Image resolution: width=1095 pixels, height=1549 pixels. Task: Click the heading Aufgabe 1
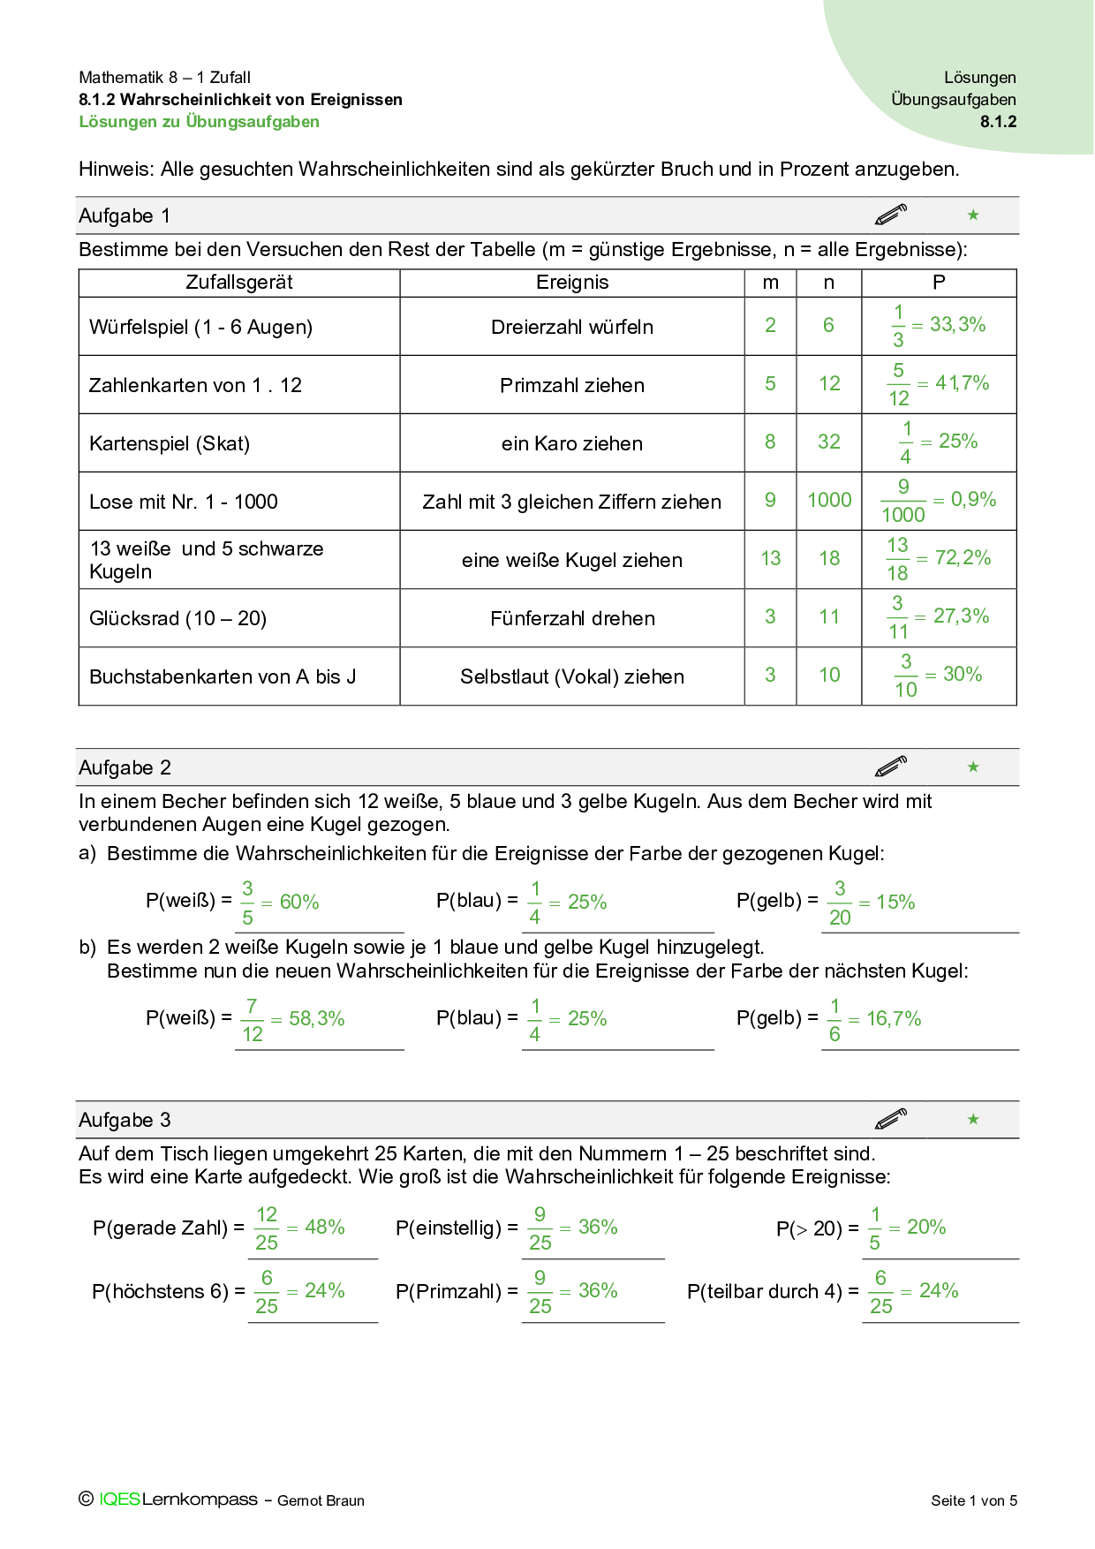pyautogui.click(x=125, y=216)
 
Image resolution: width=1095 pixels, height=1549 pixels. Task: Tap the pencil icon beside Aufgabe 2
pyautogui.click(x=891, y=767)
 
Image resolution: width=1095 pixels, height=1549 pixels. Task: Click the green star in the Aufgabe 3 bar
pyautogui.click(x=973, y=1120)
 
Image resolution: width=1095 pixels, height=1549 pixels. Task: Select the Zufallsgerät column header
pyautogui.click(x=239, y=283)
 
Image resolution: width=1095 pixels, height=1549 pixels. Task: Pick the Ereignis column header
pyautogui.click(x=572, y=283)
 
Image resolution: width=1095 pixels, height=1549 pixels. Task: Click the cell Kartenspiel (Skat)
pyautogui.click(x=170, y=443)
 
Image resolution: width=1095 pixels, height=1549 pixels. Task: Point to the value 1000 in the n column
pyautogui.click(x=829, y=501)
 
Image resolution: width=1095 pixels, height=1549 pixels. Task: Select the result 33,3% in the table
pyautogui.click(x=957, y=325)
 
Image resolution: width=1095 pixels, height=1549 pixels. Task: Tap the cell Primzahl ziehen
pyautogui.click(x=572, y=385)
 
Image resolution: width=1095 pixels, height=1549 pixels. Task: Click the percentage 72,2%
pyautogui.click(x=963, y=558)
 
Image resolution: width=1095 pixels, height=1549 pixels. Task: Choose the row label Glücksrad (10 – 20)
pyautogui.click(x=177, y=618)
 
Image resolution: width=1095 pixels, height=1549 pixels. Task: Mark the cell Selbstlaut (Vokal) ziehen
pyautogui.click(x=572, y=676)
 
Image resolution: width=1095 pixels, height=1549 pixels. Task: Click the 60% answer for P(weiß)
pyautogui.click(x=299, y=903)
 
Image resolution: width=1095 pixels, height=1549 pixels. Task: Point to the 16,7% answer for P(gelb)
pyautogui.click(x=894, y=1019)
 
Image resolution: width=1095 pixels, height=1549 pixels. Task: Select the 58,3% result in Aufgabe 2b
pyautogui.click(x=317, y=1019)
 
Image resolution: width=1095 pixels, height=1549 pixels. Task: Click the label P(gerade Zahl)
pyautogui.click(x=160, y=1228)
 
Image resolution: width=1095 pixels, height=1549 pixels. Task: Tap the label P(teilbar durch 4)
pyautogui.click(x=765, y=1291)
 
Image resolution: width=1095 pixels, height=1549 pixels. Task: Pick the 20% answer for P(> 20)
pyautogui.click(x=926, y=1228)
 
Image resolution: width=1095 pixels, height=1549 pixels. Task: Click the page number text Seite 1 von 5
pyautogui.click(x=974, y=1500)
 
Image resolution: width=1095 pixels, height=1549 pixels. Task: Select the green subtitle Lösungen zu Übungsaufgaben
pyautogui.click(x=200, y=122)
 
